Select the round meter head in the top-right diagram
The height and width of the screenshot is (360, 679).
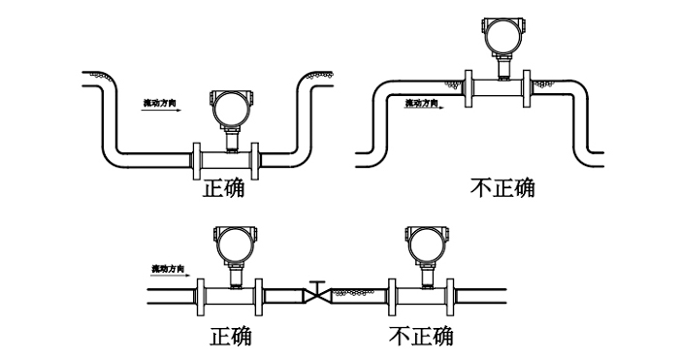(503, 37)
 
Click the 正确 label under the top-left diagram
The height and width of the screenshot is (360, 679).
(223, 187)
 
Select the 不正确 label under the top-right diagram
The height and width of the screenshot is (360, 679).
(501, 187)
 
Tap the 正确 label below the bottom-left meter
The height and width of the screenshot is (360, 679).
(231, 336)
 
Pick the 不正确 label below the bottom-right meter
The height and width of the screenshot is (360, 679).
(420, 336)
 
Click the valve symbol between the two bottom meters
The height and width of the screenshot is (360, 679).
(316, 293)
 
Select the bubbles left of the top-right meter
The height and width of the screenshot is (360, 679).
(452, 85)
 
